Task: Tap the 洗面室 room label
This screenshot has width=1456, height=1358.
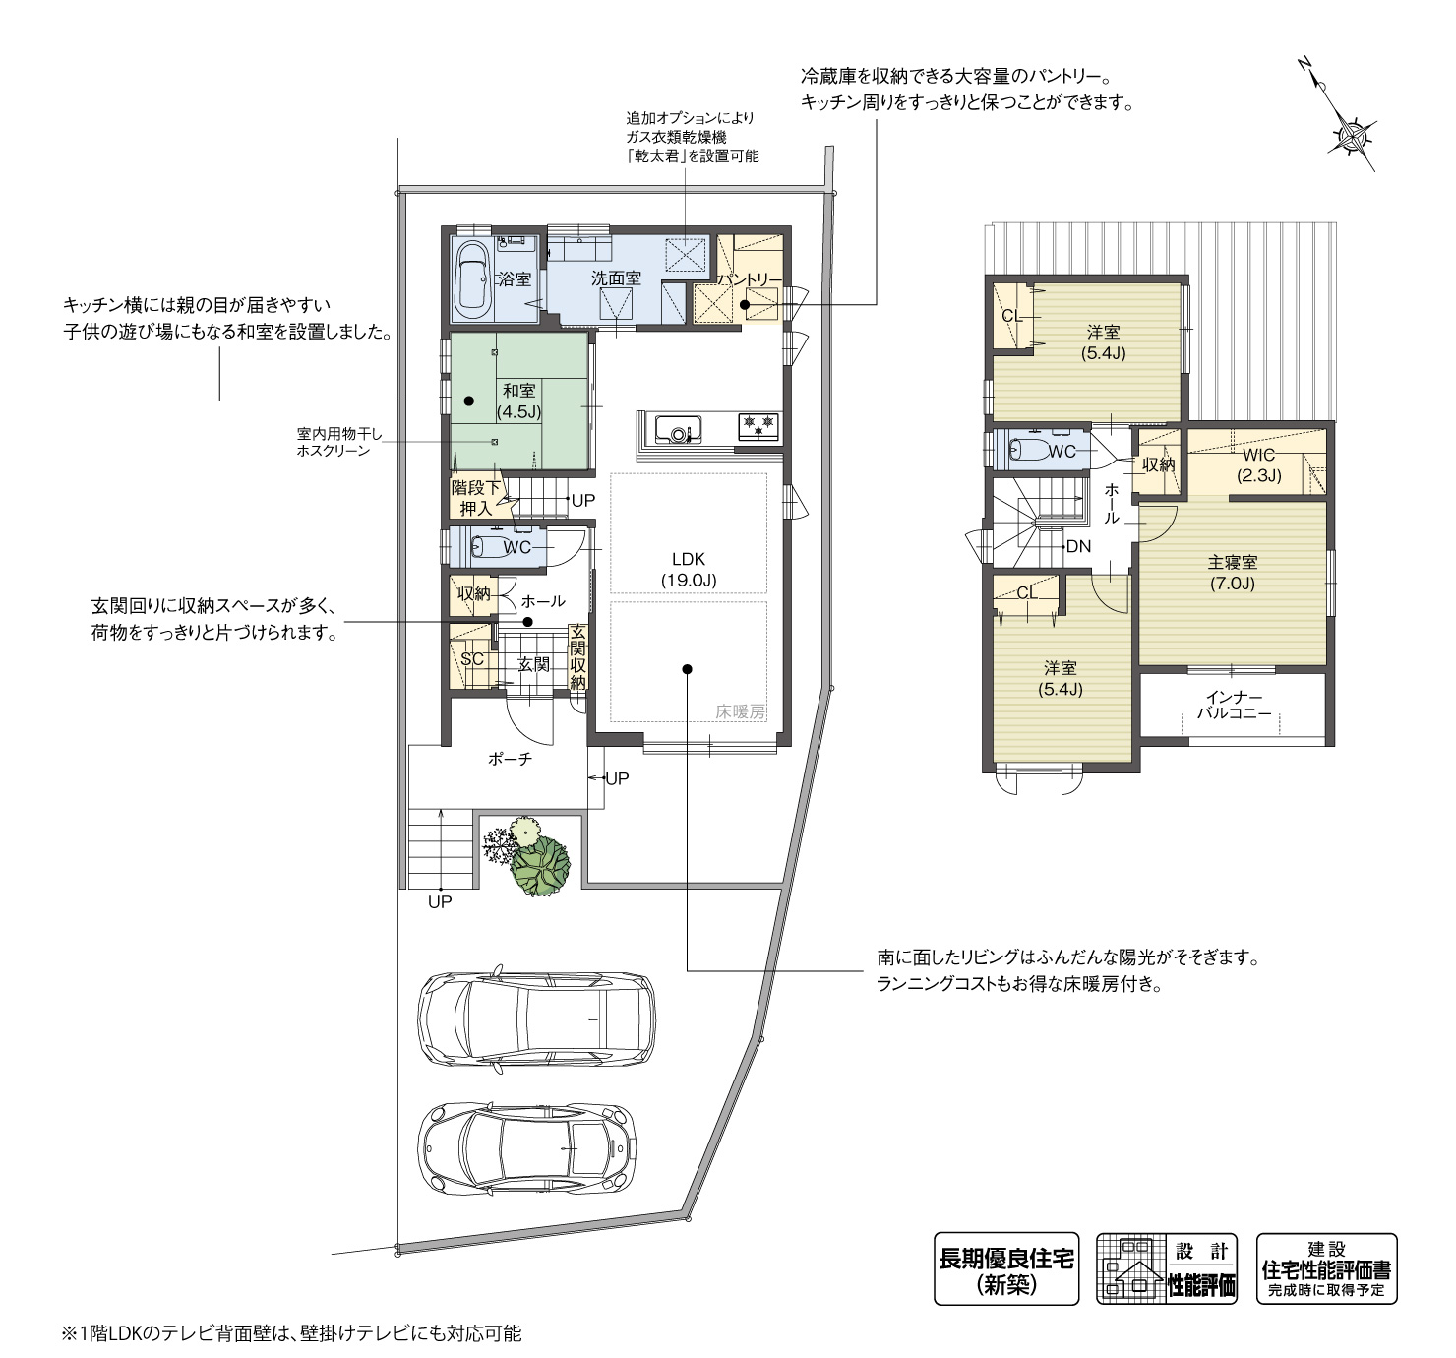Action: point(616,278)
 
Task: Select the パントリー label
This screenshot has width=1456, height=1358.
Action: point(750,279)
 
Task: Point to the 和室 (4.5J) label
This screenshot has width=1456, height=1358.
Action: point(518,401)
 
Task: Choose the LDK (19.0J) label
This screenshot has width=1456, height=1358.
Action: point(689,570)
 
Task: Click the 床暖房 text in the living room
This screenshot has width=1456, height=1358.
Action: point(741,711)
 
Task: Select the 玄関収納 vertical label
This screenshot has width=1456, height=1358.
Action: point(577,657)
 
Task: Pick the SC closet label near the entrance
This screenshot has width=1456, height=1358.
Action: point(472,658)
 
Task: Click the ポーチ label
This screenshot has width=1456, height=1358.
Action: point(510,759)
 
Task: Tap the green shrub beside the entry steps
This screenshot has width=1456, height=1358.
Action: point(541,866)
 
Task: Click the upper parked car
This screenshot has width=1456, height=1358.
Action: point(536,1019)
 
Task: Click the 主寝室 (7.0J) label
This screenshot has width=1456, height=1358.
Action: point(1233,573)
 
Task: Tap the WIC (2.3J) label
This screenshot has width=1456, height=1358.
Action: point(1259,465)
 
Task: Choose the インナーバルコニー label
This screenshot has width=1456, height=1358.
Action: point(1234,705)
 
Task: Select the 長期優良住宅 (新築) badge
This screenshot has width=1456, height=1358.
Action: point(1006,1268)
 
